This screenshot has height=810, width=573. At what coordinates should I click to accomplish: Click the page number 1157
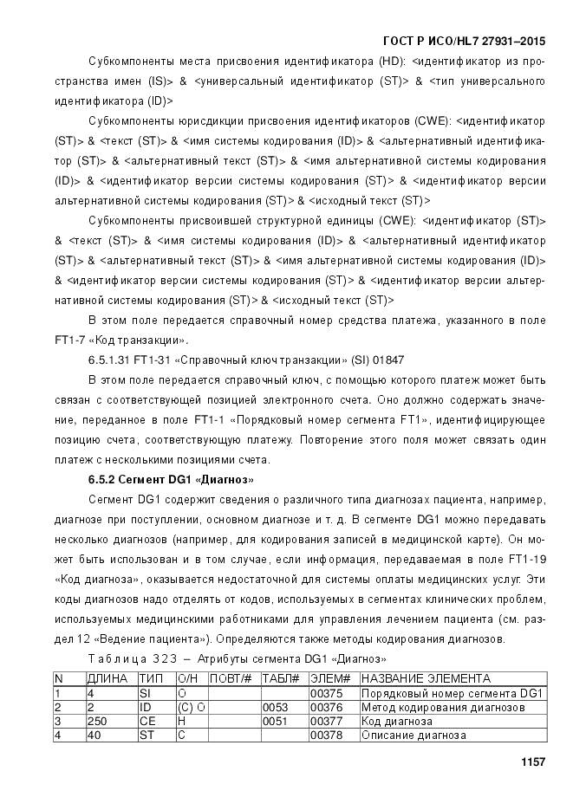[531, 762]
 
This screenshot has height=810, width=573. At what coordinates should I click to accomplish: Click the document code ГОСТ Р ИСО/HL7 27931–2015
[464, 42]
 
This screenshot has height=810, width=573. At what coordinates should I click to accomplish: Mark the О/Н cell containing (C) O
[191, 707]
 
